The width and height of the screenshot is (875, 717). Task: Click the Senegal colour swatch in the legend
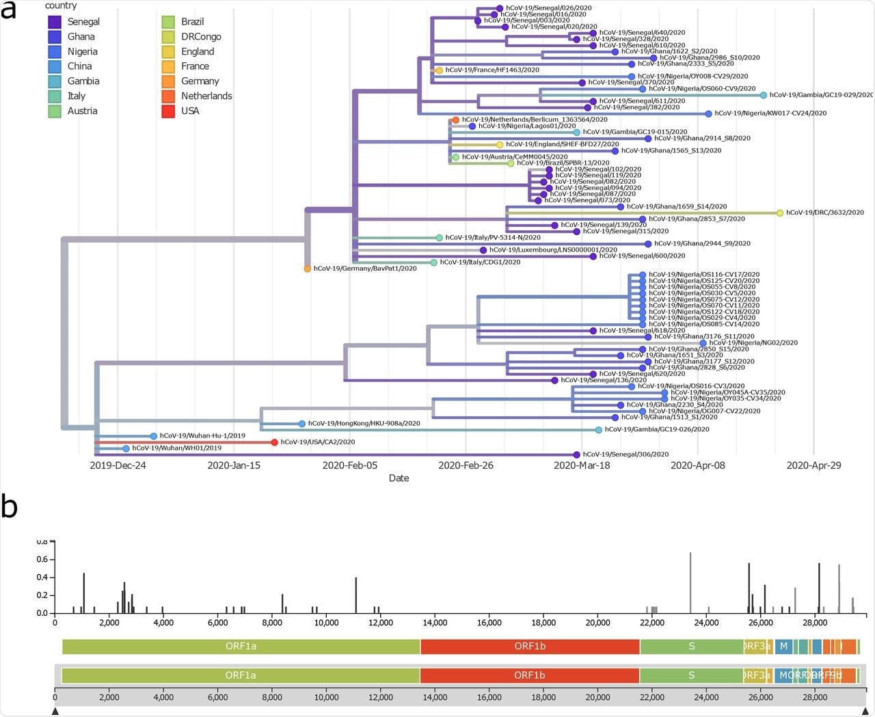tap(54, 22)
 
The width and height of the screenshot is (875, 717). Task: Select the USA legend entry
tap(168, 111)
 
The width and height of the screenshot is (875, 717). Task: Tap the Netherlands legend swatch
tap(168, 96)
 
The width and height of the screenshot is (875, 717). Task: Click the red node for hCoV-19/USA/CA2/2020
tap(274, 442)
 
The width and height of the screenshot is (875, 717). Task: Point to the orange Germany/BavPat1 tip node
tap(308, 269)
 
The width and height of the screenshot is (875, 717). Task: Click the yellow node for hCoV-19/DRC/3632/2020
tap(780, 213)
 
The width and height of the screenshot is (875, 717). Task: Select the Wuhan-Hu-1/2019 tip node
tap(154, 436)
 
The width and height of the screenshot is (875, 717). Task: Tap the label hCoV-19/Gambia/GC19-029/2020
tap(821, 95)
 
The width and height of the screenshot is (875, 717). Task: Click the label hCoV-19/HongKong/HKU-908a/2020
tap(364, 424)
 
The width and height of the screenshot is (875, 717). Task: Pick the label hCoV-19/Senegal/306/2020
tap(625, 455)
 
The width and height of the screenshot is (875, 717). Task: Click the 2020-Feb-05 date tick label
tap(350, 465)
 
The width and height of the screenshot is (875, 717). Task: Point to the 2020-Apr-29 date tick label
tap(813, 465)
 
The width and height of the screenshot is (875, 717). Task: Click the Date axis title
tap(399, 478)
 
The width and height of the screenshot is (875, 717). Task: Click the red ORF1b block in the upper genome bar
tap(530, 646)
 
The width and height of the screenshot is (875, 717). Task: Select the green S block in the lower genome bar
tap(691, 675)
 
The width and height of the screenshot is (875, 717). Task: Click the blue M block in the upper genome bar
tap(783, 646)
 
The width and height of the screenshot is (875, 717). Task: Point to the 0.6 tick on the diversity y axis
tap(42, 560)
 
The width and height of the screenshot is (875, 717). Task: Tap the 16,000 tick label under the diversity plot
tap(489, 623)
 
